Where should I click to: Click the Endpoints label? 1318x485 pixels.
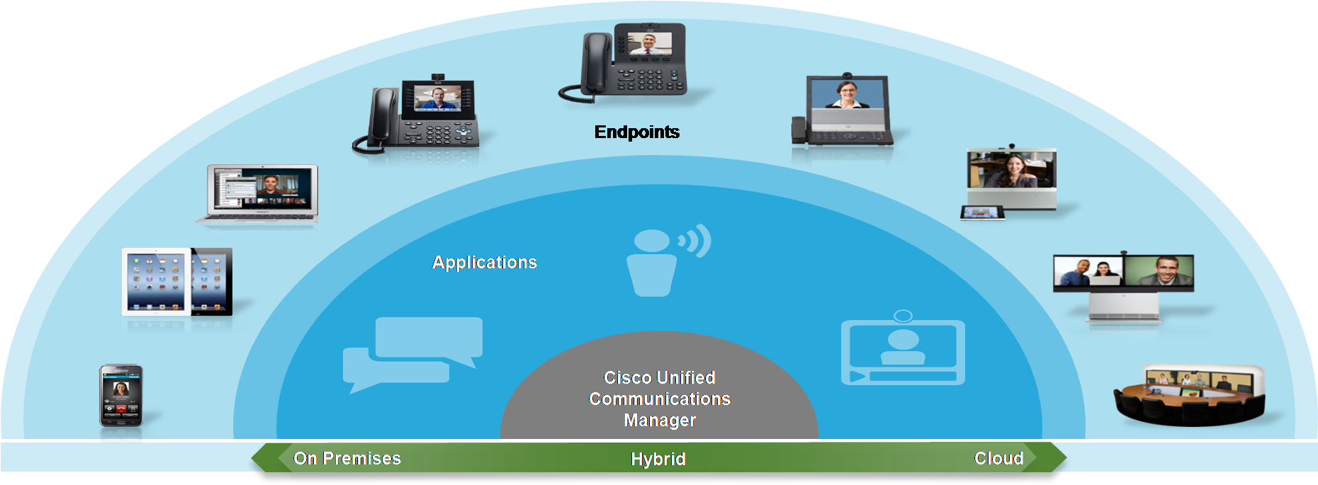[x=636, y=132]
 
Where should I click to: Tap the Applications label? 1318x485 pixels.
[x=485, y=263]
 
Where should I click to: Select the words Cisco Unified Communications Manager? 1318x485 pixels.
[x=660, y=399]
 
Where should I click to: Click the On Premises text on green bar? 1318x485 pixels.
[x=347, y=459]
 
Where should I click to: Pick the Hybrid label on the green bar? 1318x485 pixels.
[x=658, y=460]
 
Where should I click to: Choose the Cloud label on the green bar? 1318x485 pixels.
[x=998, y=459]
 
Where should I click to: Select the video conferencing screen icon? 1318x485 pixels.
[x=903, y=350]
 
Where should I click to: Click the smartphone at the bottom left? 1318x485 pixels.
[x=121, y=395]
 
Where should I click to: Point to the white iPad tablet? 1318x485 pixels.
[x=157, y=282]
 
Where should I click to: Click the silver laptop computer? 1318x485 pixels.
[x=261, y=194]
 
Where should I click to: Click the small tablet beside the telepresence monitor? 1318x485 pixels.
[x=982, y=212]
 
